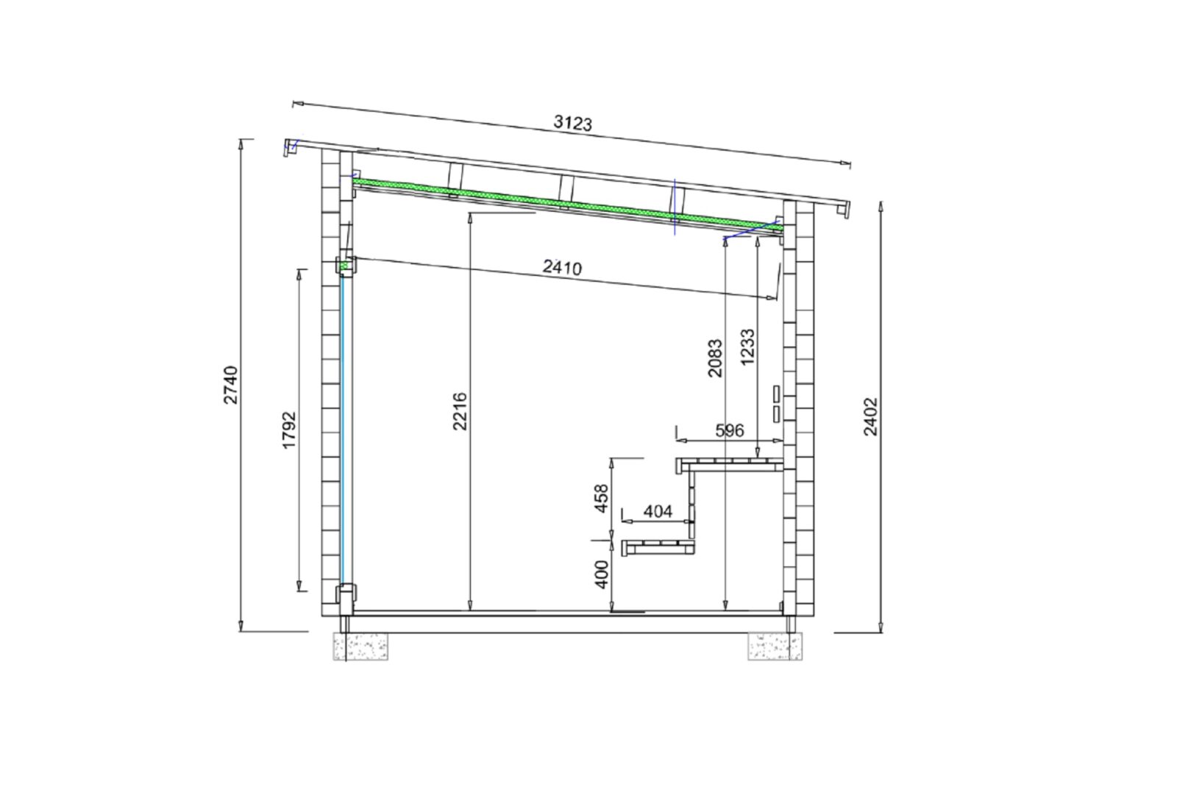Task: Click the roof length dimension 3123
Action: click(573, 122)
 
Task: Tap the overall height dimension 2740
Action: click(231, 385)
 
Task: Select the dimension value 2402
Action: click(871, 417)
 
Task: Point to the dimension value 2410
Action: click(562, 268)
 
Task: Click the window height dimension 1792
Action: click(290, 430)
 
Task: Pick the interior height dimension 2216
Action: click(460, 411)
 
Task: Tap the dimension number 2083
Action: click(715, 358)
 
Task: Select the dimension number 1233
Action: click(747, 346)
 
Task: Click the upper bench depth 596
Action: click(730, 430)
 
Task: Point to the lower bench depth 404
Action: click(658, 511)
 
